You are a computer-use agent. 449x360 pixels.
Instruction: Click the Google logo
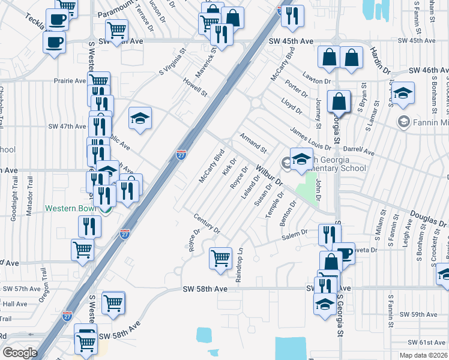(x=20, y=353)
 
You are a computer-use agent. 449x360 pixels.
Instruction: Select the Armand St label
(x=253, y=143)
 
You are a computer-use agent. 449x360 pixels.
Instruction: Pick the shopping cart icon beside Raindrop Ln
(x=220, y=258)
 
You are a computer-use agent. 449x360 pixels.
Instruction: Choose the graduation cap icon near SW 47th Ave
(x=140, y=118)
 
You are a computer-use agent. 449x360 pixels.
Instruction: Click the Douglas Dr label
(x=429, y=218)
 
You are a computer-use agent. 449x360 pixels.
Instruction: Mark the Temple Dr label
(x=278, y=203)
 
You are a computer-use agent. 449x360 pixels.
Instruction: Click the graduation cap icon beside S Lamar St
(x=403, y=92)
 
